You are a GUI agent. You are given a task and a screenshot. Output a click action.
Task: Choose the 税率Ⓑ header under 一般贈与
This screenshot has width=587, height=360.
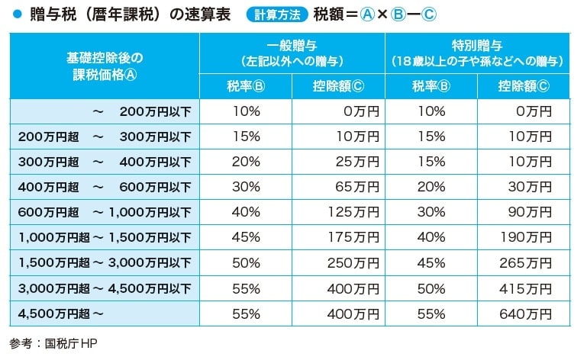247,85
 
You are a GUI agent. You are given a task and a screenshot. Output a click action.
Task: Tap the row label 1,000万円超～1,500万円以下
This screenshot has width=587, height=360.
105,237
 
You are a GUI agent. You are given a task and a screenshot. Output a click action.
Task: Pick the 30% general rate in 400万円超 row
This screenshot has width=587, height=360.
247,187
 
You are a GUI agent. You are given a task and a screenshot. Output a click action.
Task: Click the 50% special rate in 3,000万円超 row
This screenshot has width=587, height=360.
431,288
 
